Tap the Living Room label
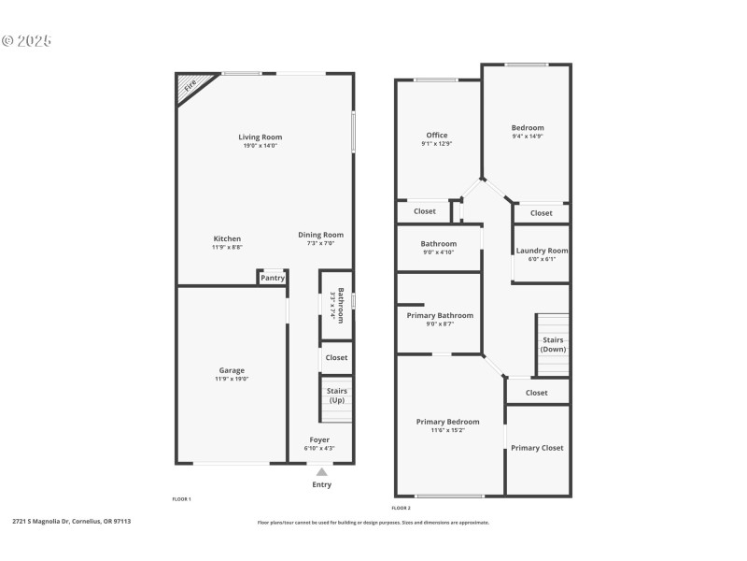coord(260,137)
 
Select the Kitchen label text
coord(227,238)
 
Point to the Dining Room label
coord(320,235)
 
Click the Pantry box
coord(273,278)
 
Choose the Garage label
coord(232,370)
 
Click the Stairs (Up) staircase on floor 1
coord(336,399)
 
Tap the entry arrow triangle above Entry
coord(322,472)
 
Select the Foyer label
coord(319,439)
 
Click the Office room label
coord(436,136)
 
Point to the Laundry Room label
coord(542,251)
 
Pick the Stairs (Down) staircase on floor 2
coord(552,344)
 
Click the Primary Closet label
coord(537,448)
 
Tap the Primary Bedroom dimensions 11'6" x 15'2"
coord(448,431)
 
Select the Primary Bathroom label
coord(439,316)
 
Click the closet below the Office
coord(425,211)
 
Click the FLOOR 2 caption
coord(401,507)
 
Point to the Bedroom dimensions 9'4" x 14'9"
coord(528,137)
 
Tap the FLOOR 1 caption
coord(181,500)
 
